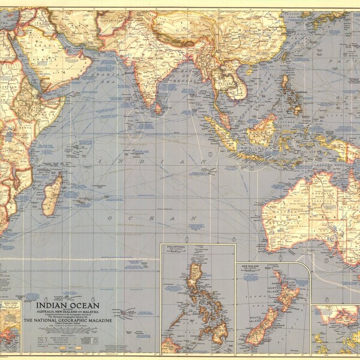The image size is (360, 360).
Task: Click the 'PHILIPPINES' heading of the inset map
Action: coord(179,247)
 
